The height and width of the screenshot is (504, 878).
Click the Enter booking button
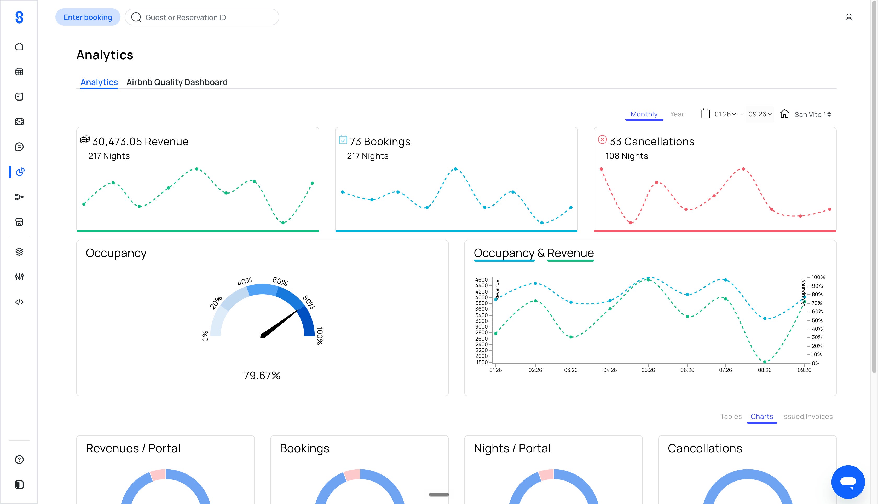pos(88,17)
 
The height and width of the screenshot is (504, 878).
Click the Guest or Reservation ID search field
pos(202,17)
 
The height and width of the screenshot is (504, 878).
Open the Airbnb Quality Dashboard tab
pos(177,82)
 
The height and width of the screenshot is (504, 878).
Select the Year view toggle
pos(677,114)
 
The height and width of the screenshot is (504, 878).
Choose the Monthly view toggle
pos(644,114)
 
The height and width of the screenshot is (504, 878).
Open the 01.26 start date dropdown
pos(725,114)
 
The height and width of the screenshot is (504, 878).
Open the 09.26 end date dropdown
pos(760,114)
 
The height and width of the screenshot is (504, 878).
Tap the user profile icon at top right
pos(848,17)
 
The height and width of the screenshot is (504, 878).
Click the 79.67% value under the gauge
pos(262,376)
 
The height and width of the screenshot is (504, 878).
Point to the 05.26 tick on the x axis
pos(648,370)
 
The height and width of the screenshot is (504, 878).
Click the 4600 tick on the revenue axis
pos(481,280)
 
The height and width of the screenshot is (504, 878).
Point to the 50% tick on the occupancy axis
pos(817,320)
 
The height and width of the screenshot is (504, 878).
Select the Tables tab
pos(731,417)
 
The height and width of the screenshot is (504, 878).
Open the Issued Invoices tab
pos(807,417)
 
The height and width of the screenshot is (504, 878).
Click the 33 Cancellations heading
pos(652,142)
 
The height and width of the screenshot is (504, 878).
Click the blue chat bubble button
pos(848,482)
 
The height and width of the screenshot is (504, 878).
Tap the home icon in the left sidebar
pos(19,47)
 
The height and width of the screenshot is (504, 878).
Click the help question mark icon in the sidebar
pos(19,460)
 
